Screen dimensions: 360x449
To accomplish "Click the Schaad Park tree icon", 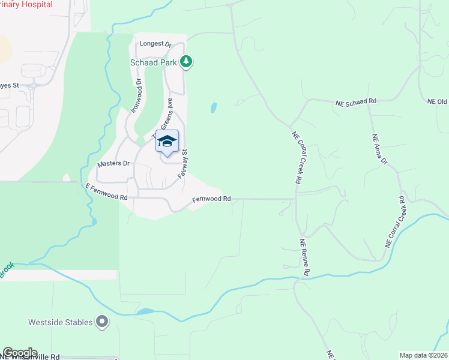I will pyautogui.click(x=187, y=61).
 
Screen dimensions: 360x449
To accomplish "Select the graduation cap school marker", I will pyautogui.click(x=167, y=142).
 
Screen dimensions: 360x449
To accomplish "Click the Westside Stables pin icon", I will pyautogui.click(x=103, y=322).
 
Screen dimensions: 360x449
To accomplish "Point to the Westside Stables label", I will pyautogui.click(x=61, y=322).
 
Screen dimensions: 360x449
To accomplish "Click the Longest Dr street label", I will pyautogui.click(x=155, y=44).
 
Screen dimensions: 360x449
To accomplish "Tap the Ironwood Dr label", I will pyautogui.click(x=136, y=95).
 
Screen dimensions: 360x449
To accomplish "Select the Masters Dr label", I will pyautogui.click(x=113, y=163).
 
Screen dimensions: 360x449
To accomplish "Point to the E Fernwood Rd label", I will pyautogui.click(x=107, y=193).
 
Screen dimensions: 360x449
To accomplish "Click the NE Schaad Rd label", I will pyautogui.click(x=355, y=102).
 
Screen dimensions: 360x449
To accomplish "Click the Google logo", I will pyautogui.click(x=20, y=353).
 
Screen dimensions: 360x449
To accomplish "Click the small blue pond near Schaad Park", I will pyautogui.click(x=213, y=108).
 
